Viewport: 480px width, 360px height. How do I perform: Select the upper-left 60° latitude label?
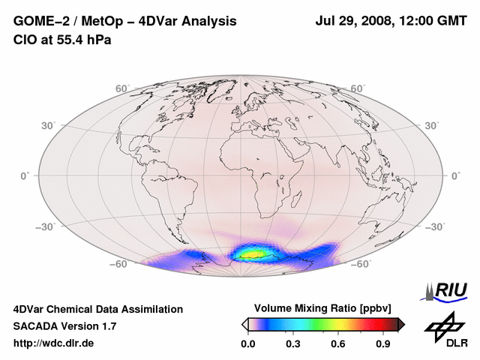[121, 88]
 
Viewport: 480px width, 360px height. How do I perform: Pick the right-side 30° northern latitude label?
[433, 125]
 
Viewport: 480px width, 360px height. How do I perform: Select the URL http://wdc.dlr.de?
[54, 343]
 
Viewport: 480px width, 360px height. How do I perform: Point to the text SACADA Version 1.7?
[65, 326]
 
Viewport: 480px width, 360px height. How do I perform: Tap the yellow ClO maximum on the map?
[253, 254]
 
